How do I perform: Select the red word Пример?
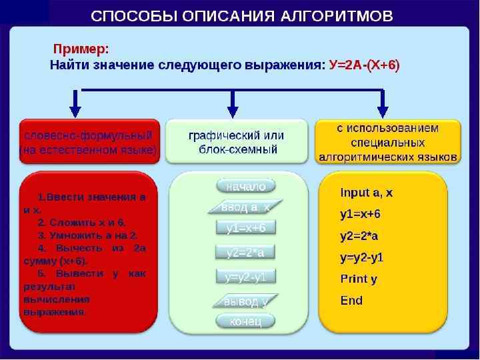(81, 49)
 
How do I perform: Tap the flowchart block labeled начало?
(245, 186)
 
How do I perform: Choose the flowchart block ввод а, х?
(245, 207)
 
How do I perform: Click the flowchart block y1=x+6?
(245, 228)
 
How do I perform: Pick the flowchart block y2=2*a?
(245, 252)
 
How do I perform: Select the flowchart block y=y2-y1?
(245, 276)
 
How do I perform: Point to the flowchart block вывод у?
(245, 301)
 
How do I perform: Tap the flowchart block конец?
(245, 322)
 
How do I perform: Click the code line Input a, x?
(366, 193)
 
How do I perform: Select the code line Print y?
(359, 279)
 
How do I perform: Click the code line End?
(351, 300)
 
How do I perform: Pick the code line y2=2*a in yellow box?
(359, 236)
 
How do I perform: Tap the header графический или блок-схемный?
(237, 141)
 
